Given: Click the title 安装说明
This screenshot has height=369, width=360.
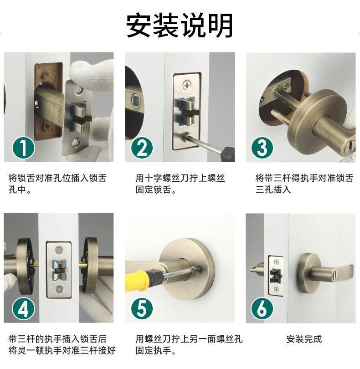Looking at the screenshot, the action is (x=180, y=26).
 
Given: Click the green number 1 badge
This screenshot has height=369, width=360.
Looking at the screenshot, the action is (x=23, y=148).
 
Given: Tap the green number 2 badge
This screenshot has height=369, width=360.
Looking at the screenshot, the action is (x=142, y=148).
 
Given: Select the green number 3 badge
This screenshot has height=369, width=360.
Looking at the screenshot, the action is (x=262, y=148).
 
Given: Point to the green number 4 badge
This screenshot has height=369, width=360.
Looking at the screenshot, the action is (x=23, y=309).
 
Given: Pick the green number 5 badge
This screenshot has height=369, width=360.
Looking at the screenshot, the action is (x=142, y=309).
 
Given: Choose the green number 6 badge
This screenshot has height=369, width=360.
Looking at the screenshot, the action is (x=262, y=309).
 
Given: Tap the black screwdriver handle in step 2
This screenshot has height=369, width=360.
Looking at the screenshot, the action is (x=228, y=154).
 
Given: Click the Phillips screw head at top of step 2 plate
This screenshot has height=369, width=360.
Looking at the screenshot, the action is (x=187, y=85).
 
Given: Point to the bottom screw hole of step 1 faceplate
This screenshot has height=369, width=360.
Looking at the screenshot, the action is (x=75, y=142).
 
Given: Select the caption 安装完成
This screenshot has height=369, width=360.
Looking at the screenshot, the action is (x=304, y=339).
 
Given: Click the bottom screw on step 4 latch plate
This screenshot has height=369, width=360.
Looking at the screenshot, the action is (x=59, y=289).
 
